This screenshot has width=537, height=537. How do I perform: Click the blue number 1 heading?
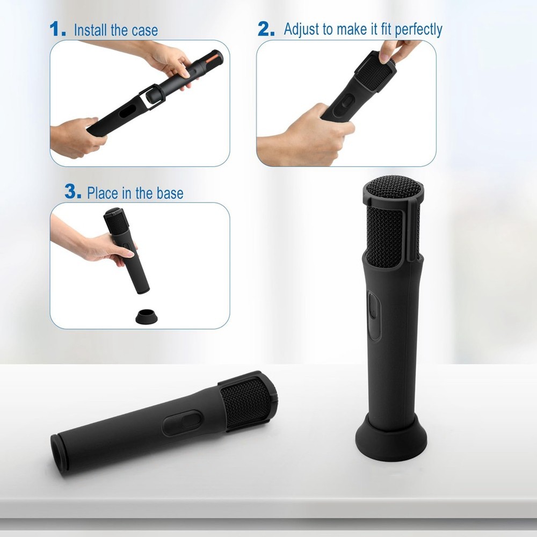coord(58,29)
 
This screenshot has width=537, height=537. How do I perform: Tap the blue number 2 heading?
coord(266,29)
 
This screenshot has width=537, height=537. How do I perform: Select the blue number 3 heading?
coord(72,192)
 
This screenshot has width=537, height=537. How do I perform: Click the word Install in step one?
coord(90,30)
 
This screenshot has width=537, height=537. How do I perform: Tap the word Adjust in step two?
coord(302,30)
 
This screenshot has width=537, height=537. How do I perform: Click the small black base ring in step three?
coord(146,316)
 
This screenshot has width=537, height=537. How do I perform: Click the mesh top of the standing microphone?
coord(393,187)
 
